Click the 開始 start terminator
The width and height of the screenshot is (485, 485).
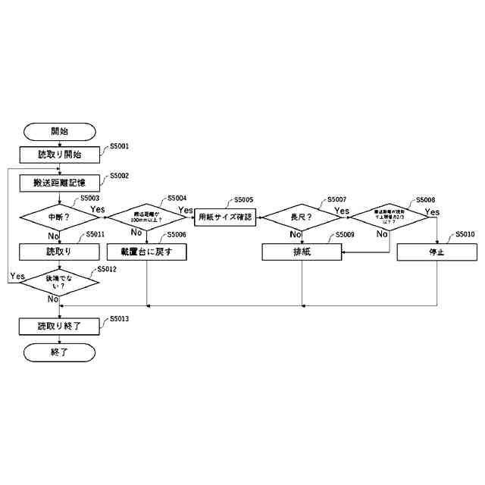pyautogui.click(x=59, y=131)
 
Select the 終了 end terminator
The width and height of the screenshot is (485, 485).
pyautogui.click(x=59, y=352)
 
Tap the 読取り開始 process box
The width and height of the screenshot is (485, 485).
pyautogui.click(x=59, y=154)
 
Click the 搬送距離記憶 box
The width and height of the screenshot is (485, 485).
pyautogui.click(x=59, y=183)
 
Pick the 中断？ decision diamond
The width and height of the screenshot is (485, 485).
pyautogui.click(x=59, y=217)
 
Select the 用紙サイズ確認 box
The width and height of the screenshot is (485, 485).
pyautogui.click(x=225, y=217)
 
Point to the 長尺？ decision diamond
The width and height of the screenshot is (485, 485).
pyautogui.click(x=302, y=217)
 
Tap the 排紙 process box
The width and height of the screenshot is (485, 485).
pyautogui.click(x=302, y=252)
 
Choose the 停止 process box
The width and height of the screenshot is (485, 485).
pyautogui.click(x=436, y=252)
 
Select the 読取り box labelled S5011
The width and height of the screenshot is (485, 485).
pyautogui.click(x=59, y=252)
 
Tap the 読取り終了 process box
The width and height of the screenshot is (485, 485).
pyautogui.click(x=59, y=326)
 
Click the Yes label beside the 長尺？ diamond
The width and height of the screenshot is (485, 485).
pyautogui.click(x=342, y=211)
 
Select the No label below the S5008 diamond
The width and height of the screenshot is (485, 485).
pyautogui.click(x=383, y=234)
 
